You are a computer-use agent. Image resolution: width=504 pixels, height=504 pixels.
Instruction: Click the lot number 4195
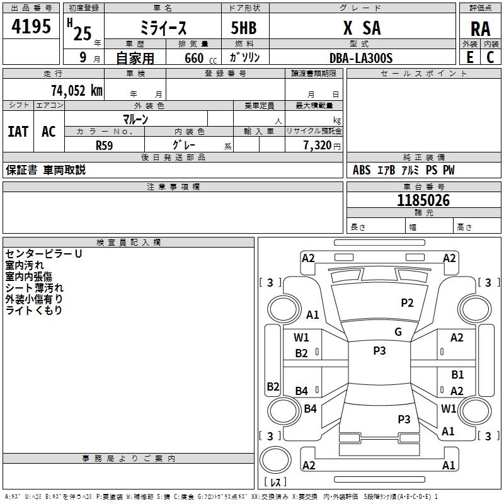click(31, 26)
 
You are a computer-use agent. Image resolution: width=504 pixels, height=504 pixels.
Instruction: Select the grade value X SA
click(362, 28)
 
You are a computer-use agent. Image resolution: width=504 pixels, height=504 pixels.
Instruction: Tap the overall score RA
click(481, 29)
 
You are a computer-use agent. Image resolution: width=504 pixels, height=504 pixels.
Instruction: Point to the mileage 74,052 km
click(77, 91)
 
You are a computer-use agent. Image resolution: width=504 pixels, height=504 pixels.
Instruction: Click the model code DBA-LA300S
click(361, 58)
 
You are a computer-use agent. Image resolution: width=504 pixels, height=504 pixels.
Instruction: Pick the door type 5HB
click(244, 28)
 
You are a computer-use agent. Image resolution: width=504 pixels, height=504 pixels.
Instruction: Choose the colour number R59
click(104, 146)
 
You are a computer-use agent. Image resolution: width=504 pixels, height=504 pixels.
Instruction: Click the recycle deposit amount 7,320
click(318, 146)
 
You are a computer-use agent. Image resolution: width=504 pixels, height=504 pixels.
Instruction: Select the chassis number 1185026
click(423, 200)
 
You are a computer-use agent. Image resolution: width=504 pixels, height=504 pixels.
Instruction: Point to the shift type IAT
click(18, 132)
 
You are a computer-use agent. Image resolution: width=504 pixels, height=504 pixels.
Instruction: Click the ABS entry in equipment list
click(362, 170)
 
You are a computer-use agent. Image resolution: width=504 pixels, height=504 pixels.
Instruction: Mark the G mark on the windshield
click(398, 332)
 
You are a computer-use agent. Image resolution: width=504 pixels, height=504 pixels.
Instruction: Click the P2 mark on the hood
click(407, 303)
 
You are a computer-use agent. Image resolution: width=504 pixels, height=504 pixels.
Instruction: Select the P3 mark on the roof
click(379, 351)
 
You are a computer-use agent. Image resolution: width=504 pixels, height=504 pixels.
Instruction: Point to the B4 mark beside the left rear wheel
click(310, 408)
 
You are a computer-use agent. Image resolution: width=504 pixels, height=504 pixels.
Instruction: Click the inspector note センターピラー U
click(43, 254)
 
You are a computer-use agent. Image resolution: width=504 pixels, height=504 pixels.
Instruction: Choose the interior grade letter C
click(490, 57)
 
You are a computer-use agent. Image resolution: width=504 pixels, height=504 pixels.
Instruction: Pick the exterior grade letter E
click(470, 57)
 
